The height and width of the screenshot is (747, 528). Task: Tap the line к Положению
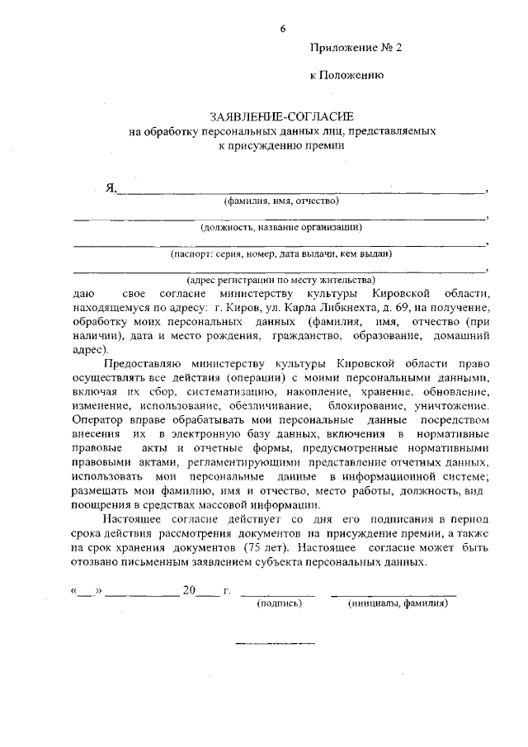click(x=346, y=75)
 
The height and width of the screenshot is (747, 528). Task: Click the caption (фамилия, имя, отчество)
click(x=281, y=201)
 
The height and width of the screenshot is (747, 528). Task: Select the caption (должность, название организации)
click(x=281, y=227)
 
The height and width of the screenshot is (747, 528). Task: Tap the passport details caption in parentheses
click(x=281, y=253)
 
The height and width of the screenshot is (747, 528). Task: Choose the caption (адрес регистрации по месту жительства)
click(x=281, y=280)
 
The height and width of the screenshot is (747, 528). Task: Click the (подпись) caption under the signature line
click(x=280, y=603)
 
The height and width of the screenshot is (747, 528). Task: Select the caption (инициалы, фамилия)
click(x=395, y=603)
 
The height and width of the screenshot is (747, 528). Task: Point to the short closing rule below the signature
click(x=264, y=642)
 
